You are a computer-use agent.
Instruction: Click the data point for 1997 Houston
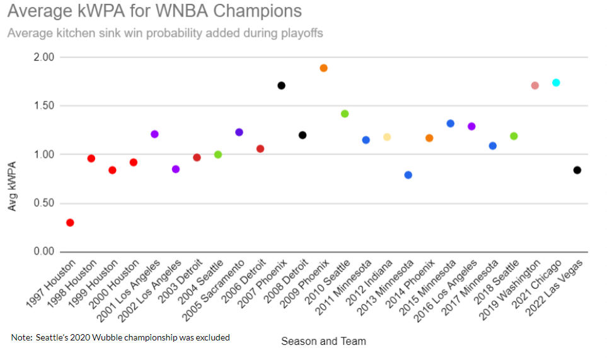point(70,223)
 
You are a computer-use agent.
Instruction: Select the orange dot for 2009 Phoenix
point(324,68)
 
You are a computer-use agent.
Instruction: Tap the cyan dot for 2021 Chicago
point(556,83)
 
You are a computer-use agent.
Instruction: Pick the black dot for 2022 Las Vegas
point(577,170)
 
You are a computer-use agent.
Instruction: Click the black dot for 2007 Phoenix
point(282,86)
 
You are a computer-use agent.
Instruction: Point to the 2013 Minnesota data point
point(408,175)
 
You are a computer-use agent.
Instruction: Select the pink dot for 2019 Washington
point(535,86)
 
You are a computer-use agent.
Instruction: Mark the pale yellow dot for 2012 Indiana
point(387,137)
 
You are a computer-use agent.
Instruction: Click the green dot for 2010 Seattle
point(345,114)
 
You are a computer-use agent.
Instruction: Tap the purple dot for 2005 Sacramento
point(239,132)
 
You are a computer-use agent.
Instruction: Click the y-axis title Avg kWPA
point(13,187)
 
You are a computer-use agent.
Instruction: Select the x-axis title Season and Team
point(323,341)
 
